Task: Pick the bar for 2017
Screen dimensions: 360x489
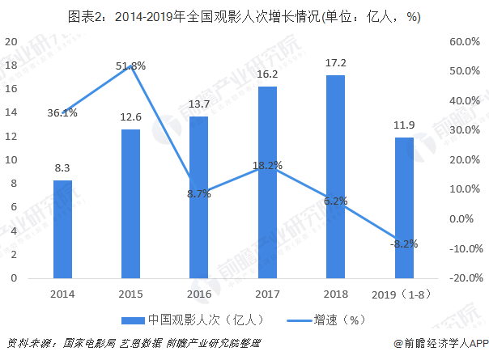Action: pos(266,182)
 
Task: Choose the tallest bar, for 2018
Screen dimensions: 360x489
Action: pos(334,176)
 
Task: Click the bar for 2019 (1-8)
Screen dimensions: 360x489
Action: pos(403,208)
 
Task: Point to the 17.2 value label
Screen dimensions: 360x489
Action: pos(334,62)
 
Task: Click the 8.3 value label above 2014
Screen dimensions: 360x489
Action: pos(62,167)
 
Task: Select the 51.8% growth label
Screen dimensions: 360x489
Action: pos(130,66)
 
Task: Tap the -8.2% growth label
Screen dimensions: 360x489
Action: pos(402,244)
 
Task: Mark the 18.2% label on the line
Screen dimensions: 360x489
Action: pos(267,166)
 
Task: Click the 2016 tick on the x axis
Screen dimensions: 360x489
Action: pos(198,294)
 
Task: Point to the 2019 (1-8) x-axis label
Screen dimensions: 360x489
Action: pos(402,294)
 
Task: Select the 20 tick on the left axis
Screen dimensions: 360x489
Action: pos(11,41)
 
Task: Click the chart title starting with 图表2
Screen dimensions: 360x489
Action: pos(244,16)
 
